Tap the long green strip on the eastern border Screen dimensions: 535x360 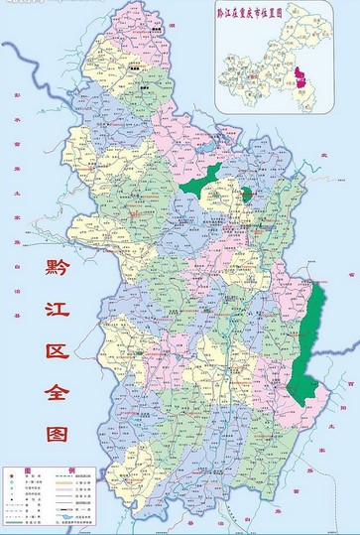[x=316, y=328]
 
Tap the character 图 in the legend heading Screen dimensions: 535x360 [x=28, y=469]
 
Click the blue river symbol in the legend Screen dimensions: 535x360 [x=67, y=515]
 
